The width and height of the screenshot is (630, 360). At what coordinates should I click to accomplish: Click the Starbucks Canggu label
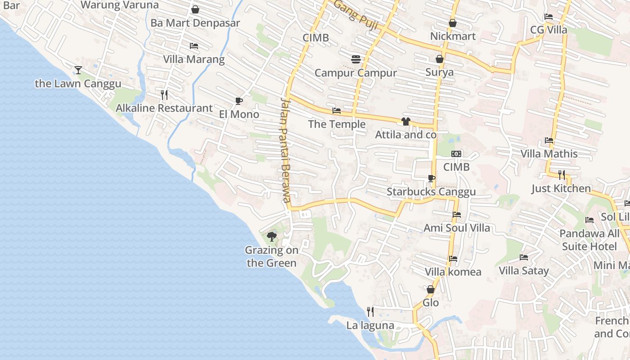[431, 192]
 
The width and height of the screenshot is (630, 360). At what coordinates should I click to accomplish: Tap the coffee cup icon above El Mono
[238, 101]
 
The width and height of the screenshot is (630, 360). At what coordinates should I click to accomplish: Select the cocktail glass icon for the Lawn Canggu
[78, 70]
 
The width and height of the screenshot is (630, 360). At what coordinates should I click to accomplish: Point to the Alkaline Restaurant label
[164, 108]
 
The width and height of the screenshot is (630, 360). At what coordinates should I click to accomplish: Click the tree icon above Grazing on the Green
[271, 236]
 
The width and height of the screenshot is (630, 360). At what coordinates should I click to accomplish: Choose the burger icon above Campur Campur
[356, 59]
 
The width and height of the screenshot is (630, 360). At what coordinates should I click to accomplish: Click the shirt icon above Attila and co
[405, 121]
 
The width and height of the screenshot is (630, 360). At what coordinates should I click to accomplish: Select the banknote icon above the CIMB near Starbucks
[456, 154]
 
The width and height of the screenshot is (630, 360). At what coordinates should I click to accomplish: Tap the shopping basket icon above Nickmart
[453, 23]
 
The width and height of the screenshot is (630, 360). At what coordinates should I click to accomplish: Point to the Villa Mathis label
[549, 154]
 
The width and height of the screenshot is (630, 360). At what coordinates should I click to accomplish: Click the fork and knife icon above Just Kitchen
[561, 175]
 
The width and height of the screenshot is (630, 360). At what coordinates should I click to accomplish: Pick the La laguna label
[370, 325]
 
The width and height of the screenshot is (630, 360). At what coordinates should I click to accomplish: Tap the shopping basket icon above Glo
[431, 289]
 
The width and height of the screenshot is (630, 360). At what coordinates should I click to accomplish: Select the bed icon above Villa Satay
[524, 257]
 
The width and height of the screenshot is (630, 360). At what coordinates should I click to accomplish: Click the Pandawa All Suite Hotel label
[589, 240]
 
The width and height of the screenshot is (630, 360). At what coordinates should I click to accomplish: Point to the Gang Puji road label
[355, 14]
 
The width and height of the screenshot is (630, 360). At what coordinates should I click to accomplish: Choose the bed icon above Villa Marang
[194, 46]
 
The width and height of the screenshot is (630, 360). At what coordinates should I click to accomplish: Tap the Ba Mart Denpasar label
[195, 23]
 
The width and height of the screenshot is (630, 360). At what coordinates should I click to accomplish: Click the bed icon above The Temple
[337, 111]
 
